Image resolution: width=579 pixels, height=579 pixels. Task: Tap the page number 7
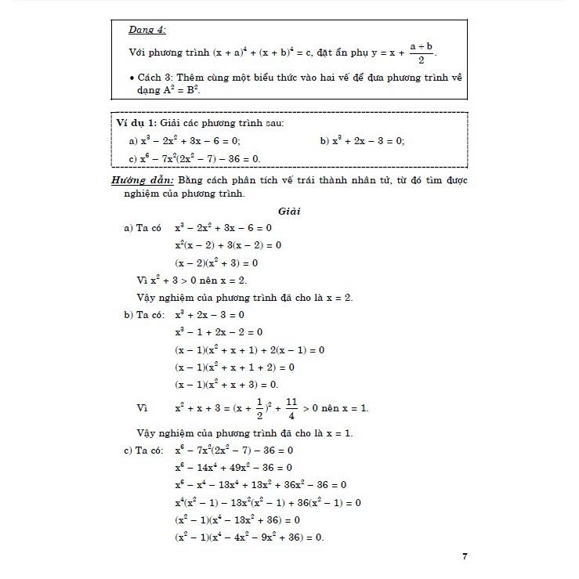coord(465,556)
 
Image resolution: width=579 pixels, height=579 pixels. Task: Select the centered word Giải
coord(289,211)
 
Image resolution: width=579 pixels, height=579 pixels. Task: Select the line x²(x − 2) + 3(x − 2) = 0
coord(228,245)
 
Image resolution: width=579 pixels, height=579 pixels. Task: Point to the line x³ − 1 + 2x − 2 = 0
coord(219,331)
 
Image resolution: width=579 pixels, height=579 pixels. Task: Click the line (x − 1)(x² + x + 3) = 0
coord(226,384)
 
